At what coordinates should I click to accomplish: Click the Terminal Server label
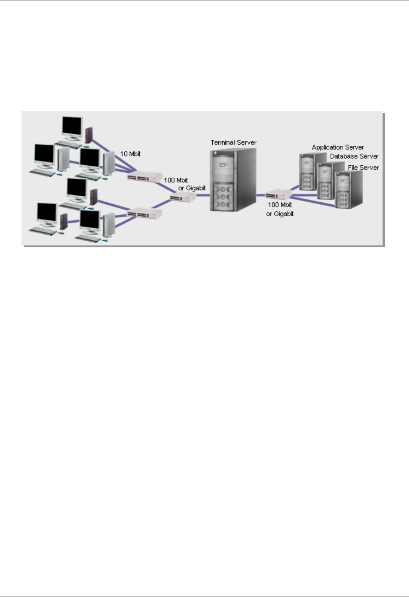tap(233, 143)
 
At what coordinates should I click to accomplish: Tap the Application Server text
tap(338, 147)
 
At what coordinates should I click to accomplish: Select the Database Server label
tap(354, 157)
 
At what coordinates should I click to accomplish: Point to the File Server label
tap(363, 168)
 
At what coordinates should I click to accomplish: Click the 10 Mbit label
tap(130, 154)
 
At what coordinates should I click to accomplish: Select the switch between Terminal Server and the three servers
tap(278, 195)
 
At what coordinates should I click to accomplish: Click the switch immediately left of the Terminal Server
tap(182, 197)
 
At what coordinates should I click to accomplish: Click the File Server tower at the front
tap(348, 190)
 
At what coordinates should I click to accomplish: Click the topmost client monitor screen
tap(72, 126)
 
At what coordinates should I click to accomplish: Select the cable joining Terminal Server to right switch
tap(261, 195)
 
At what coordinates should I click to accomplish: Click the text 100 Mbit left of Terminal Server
tap(176, 180)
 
